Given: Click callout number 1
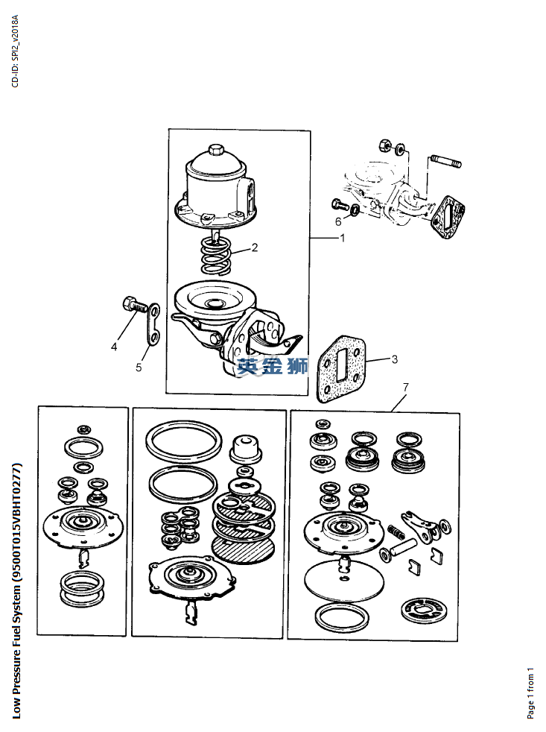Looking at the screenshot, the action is point(343,238).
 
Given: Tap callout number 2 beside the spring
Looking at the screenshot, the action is point(255,247).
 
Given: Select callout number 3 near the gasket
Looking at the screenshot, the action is point(395,359).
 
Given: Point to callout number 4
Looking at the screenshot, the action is point(114,347).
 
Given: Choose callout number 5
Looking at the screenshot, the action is point(139,367).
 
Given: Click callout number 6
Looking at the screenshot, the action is point(338,221).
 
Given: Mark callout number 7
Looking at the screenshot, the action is point(405,387).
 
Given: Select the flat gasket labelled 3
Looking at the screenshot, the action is point(341,368).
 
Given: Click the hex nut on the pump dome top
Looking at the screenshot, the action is point(216,151).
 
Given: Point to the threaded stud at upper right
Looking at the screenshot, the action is point(447,162).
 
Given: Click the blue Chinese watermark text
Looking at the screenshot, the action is point(272,365).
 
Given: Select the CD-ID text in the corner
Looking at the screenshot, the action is point(16,51).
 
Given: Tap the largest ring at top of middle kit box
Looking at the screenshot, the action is point(183,441).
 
